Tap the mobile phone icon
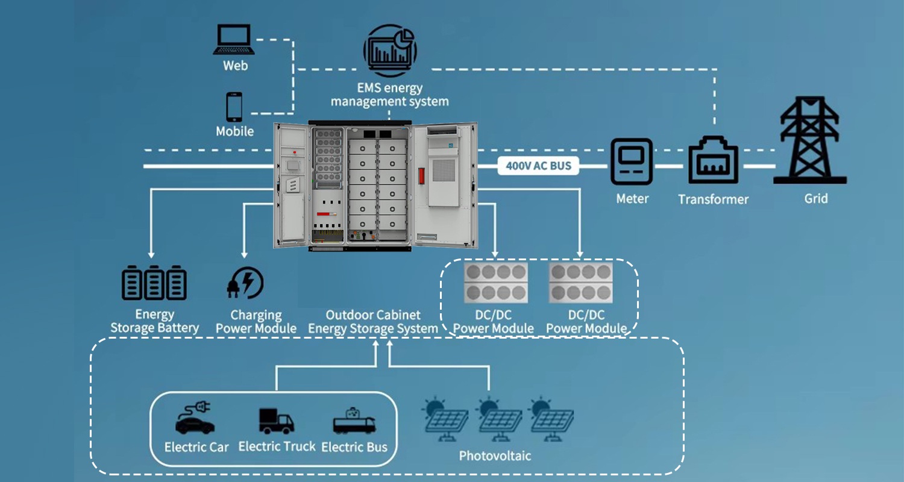tap(234, 107)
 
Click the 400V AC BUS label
tap(538, 166)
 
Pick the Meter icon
tap(632, 161)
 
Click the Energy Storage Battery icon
tap(154, 283)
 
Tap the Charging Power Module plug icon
tap(245, 283)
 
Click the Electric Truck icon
tap(276, 421)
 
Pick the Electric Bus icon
tap(354, 421)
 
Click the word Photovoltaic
tap(495, 455)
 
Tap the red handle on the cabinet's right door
tap(422, 175)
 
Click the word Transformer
tap(713, 199)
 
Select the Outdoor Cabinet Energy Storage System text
tap(373, 322)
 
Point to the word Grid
tap(815, 198)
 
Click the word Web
tap(235, 66)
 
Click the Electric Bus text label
tap(354, 448)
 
